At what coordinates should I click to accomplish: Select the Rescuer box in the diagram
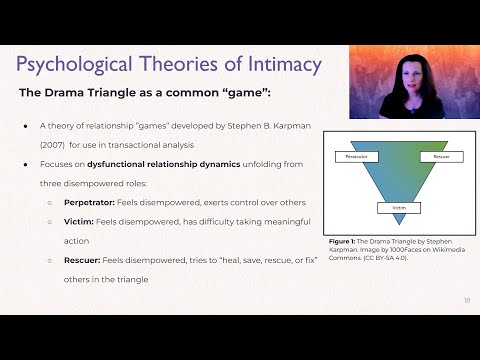pyautogui.click(x=441, y=157)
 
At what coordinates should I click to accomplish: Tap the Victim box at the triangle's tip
pyautogui.click(x=398, y=209)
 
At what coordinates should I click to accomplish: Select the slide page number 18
pyautogui.click(x=466, y=300)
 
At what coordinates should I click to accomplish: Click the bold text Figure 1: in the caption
pyautogui.click(x=345, y=242)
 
